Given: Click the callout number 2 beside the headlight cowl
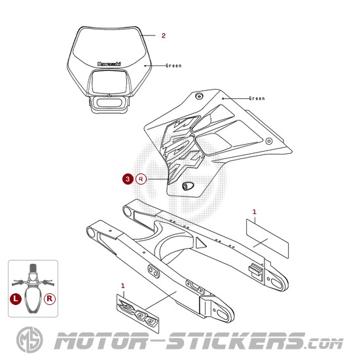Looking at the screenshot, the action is pyautogui.click(x=164, y=35).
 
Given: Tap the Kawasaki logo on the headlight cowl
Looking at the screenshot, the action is pyautogui.click(x=109, y=64).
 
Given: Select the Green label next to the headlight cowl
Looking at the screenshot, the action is pyautogui.click(x=173, y=65).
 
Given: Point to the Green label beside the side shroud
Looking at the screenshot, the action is pyautogui.click(x=257, y=98).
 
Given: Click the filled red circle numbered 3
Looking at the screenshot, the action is pyautogui.click(x=128, y=179).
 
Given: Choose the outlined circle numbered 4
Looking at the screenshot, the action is pyautogui.click(x=141, y=179).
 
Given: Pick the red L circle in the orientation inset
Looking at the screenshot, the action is pyautogui.click(x=16, y=299).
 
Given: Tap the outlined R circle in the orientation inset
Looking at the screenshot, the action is pyautogui.click(x=50, y=299).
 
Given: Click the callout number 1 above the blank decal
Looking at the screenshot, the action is pyautogui.click(x=254, y=211).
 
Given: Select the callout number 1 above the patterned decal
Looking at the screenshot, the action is pyautogui.click(x=123, y=286).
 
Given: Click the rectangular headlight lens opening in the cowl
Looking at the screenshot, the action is pyautogui.click(x=109, y=82).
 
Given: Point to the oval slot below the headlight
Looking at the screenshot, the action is pyautogui.click(x=109, y=103).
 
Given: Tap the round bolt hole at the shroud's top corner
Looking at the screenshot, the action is pyautogui.click(x=199, y=96).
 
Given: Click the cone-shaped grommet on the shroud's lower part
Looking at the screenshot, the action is pyautogui.click(x=187, y=186).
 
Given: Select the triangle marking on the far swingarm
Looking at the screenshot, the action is pyautogui.click(x=201, y=242).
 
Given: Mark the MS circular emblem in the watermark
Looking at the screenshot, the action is pyautogui.click(x=29, y=340).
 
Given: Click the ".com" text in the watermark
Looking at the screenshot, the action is pyautogui.click(x=324, y=344).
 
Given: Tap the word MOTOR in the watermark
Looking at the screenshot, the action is pyautogui.click(x=101, y=341).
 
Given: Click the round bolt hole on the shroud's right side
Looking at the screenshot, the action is pyautogui.click(x=269, y=141).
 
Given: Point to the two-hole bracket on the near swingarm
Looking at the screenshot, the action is pyautogui.click(x=153, y=271).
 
